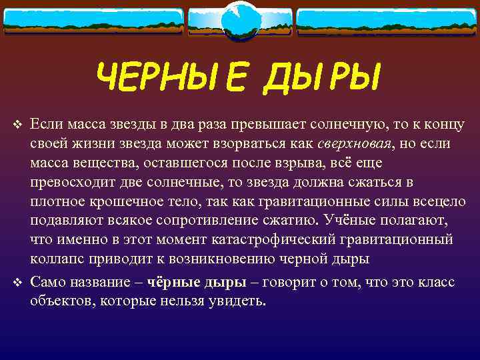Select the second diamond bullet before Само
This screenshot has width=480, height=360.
tap(18, 283)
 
